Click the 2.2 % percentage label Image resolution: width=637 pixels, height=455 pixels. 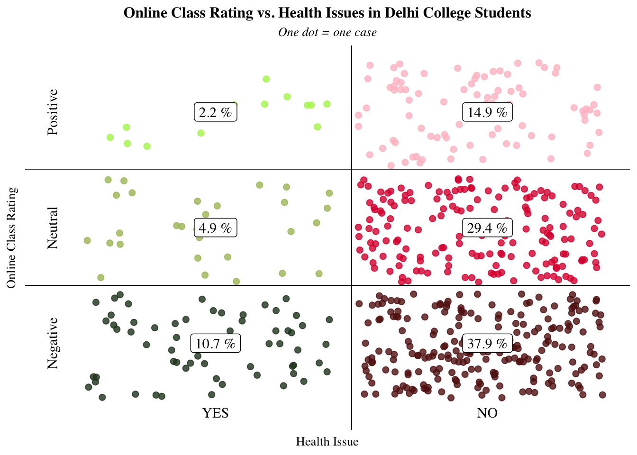(215, 112)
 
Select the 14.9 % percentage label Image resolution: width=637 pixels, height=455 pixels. (487, 112)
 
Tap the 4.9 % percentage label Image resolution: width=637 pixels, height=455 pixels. (215, 228)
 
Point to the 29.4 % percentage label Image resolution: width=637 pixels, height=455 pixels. (487, 228)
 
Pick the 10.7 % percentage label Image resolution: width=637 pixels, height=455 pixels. (215, 344)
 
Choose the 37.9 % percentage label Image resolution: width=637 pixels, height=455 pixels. (487, 344)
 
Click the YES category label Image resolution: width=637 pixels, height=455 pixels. (216, 413)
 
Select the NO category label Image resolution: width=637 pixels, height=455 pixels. (487, 413)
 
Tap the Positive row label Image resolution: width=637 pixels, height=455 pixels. (53, 112)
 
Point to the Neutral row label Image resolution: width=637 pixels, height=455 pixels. (53, 228)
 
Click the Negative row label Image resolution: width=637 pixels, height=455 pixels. (53, 344)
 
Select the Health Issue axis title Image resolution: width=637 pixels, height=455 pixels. (327, 442)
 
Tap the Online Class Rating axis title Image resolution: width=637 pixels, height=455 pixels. (12, 237)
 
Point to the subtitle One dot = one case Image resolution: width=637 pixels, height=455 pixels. (327, 32)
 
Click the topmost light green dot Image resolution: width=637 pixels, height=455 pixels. (266, 79)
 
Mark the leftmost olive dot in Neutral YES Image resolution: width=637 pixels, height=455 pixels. (87, 240)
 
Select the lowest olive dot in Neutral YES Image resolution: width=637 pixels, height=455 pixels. (236, 282)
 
